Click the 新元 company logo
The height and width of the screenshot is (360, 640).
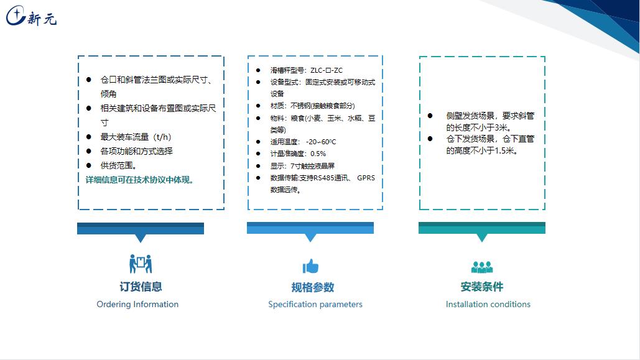coord(31,16)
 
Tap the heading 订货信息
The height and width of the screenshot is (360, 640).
coord(141,287)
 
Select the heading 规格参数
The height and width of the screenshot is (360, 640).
coord(313,287)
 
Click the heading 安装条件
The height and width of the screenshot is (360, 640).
coord(481,287)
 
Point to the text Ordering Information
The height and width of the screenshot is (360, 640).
coord(137,304)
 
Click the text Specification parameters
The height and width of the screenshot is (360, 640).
coord(315,304)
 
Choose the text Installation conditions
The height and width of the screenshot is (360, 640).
coord(488,304)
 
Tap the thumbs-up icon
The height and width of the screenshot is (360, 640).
coord(310,266)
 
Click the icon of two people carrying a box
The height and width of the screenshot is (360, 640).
coord(141,264)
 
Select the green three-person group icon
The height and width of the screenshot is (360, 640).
coord(482,267)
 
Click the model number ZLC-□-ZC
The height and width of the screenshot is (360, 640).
coord(327,70)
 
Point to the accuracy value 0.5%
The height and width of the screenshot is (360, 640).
coord(318,154)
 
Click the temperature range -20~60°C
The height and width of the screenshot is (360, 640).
coord(321,142)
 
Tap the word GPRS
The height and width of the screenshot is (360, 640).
coord(366,178)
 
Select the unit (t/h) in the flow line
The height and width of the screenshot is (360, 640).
coord(162,137)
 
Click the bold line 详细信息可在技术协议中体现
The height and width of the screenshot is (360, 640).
coord(139,180)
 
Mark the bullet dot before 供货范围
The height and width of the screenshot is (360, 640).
coord(88,165)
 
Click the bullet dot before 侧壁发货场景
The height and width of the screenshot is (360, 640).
coord(430,116)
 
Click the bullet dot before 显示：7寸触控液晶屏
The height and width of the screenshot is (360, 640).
coord(258,166)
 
